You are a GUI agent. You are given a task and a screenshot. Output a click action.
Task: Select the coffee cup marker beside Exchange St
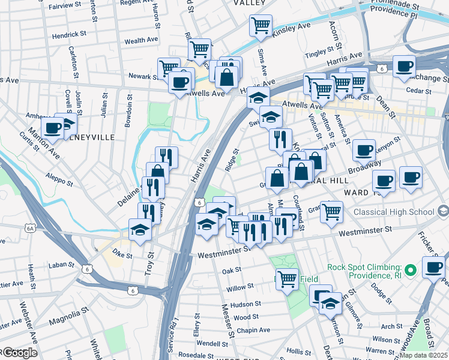tap(404, 66)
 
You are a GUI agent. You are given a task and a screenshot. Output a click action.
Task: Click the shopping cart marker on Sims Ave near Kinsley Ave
tap(261, 26)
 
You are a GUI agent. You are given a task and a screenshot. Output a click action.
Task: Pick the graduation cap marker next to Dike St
tap(140, 230)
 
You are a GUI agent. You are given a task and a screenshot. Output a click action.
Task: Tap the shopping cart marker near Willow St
tap(287, 278)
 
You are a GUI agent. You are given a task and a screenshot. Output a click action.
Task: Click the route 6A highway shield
tap(31, 228)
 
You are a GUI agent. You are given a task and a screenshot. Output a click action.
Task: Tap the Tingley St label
tap(319, 55)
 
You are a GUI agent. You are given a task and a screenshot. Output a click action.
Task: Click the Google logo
tap(19, 353)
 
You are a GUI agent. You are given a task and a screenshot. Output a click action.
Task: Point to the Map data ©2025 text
tap(424, 355)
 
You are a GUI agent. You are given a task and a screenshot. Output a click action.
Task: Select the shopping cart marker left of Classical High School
tap(331, 211)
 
